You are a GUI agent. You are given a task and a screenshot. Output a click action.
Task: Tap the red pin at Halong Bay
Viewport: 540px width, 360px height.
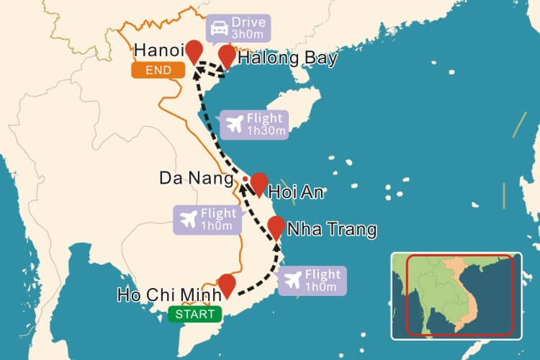[x=228, y=55]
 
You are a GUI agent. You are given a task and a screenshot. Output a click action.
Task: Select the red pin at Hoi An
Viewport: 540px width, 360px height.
[x=258, y=183]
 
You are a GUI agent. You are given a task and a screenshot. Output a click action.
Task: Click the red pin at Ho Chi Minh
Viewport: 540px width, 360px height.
[x=227, y=284]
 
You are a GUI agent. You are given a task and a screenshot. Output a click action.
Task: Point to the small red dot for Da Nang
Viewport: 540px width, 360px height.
[x=246, y=179]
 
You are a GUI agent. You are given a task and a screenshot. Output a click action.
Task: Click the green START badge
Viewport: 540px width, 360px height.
[x=195, y=314]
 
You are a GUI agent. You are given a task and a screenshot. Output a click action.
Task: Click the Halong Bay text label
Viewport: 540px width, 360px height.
[x=287, y=58]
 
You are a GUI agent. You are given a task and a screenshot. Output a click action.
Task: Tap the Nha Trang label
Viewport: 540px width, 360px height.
[x=331, y=230]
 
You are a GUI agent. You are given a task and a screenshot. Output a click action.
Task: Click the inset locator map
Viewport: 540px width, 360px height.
[x=456, y=295]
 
